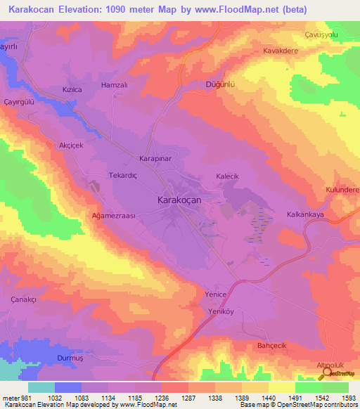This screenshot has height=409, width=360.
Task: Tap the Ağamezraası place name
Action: tap(115, 216)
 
